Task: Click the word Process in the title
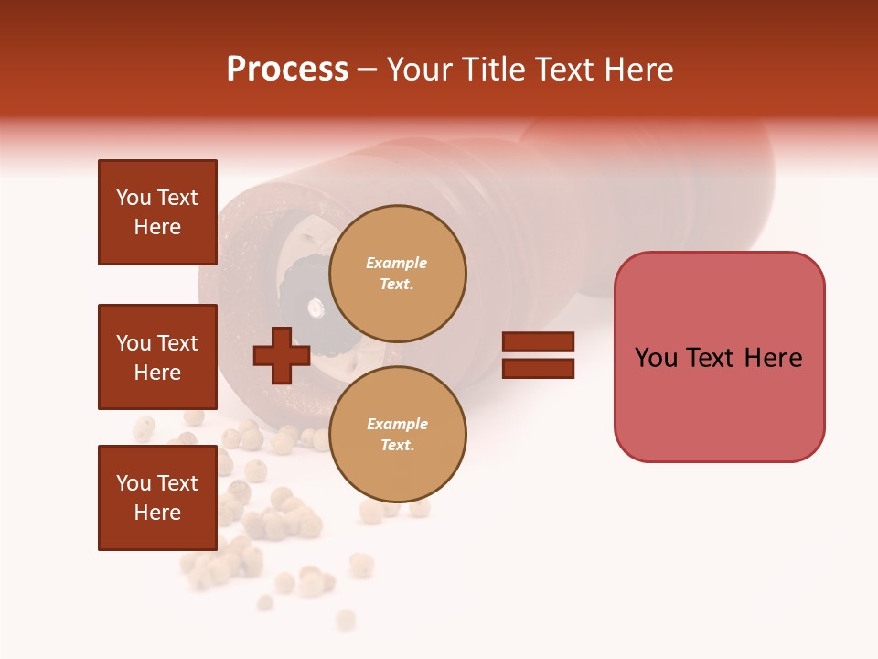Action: pos(287,70)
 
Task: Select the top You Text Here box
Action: pos(157,212)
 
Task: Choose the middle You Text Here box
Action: pos(157,357)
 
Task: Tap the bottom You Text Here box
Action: pos(157,498)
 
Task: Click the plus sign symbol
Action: pos(282,355)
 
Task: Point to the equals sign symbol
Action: pos(538,355)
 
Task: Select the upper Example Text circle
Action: pos(398,274)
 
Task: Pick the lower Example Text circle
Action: pos(398,435)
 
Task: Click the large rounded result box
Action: pos(719,357)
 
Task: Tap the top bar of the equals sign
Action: pos(538,342)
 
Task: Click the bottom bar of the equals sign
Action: pos(538,368)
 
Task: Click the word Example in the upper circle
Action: pos(397,263)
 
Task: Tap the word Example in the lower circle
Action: pos(397,424)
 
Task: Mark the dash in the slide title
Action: pos(368,70)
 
